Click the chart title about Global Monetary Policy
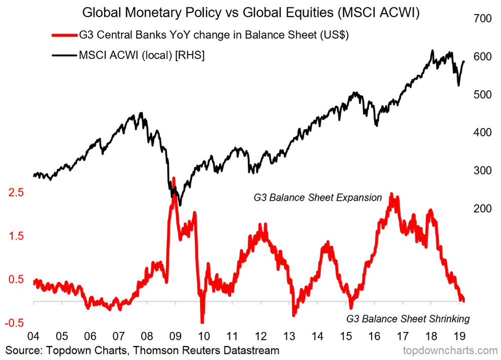pos(250,12)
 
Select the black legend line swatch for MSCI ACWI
pos(64,56)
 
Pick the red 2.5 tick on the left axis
pos(15,193)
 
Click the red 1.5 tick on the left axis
pos(15,236)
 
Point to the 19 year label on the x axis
pos(459,334)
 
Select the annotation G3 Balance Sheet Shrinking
pos(408,318)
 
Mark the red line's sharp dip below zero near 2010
pos(202,321)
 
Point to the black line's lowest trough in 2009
pos(180,205)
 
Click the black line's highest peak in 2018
pos(432,51)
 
